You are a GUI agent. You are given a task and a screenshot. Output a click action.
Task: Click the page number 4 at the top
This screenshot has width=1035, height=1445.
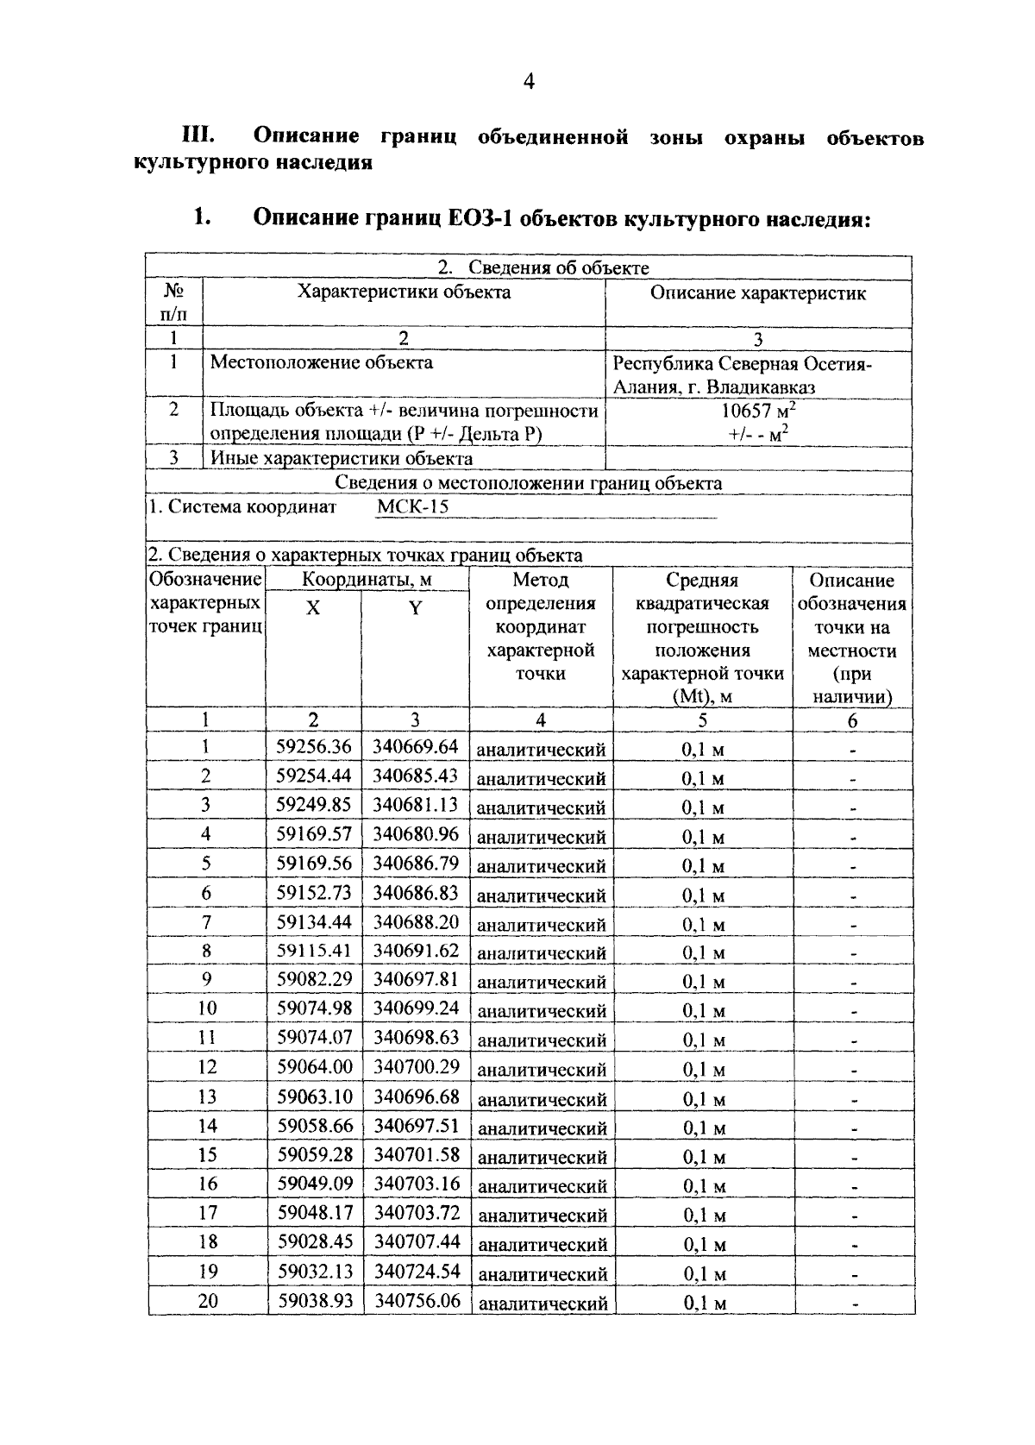click(529, 82)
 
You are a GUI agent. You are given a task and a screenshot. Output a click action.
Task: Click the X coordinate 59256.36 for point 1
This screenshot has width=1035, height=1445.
click(314, 747)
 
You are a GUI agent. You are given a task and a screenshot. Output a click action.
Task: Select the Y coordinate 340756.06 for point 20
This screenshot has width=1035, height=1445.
click(416, 1301)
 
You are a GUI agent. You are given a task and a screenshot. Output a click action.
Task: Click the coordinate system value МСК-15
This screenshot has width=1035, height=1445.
click(413, 507)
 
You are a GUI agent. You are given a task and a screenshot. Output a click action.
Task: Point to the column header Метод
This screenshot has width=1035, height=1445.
click(541, 581)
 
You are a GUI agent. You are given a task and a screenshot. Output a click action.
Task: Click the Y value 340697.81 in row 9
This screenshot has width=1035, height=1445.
click(416, 980)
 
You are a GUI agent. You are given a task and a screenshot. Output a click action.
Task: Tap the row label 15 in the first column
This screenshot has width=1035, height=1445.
click(207, 1154)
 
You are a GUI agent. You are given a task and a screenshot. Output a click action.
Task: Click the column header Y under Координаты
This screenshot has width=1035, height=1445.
click(415, 609)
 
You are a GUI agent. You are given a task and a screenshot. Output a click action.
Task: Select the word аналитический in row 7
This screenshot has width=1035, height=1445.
click(542, 926)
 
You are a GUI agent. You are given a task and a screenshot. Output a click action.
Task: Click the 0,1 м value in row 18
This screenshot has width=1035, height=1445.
click(704, 1244)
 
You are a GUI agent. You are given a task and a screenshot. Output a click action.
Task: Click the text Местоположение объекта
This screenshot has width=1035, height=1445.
click(322, 362)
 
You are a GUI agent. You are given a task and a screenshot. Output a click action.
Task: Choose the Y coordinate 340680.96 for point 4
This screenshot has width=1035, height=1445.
click(416, 834)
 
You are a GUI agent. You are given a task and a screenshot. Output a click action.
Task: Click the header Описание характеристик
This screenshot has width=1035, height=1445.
click(757, 293)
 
